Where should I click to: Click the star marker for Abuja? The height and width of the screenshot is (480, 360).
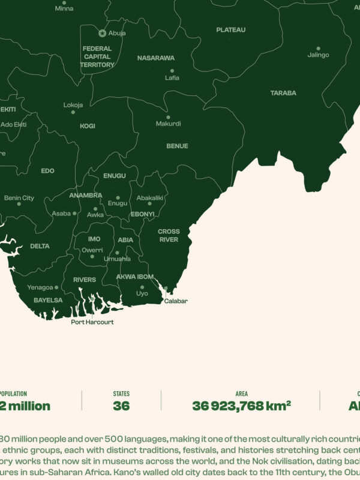click(x=102, y=33)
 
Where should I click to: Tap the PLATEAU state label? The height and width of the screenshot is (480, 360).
click(x=231, y=29)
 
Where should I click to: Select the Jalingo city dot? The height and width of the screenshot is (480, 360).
click(x=318, y=48)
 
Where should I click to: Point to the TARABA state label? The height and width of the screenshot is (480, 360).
click(x=283, y=93)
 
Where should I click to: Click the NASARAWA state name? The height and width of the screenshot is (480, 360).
click(x=156, y=58)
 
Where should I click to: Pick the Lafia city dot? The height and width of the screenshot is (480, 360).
click(x=172, y=70)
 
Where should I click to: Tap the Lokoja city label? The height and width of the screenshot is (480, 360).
click(x=73, y=105)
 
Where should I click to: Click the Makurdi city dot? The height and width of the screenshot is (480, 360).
click(x=168, y=117)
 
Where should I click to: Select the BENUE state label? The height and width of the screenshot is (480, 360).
click(x=177, y=146)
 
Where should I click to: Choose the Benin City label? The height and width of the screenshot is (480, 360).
click(x=19, y=198)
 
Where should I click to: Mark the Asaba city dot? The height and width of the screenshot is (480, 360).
click(x=74, y=213)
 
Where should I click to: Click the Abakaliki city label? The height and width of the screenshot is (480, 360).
click(x=150, y=197)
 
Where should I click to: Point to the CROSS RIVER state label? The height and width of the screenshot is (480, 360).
click(x=169, y=235)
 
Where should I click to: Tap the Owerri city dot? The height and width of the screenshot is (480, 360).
click(x=92, y=256)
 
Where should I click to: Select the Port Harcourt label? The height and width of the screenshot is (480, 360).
click(x=92, y=322)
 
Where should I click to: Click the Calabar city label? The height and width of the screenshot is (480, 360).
click(x=176, y=301)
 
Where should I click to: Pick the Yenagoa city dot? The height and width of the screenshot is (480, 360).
click(x=56, y=287)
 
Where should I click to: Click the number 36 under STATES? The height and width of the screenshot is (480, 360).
click(x=121, y=406)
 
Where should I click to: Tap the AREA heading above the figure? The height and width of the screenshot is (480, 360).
click(x=241, y=394)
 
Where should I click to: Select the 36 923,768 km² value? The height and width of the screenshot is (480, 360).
click(x=241, y=406)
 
